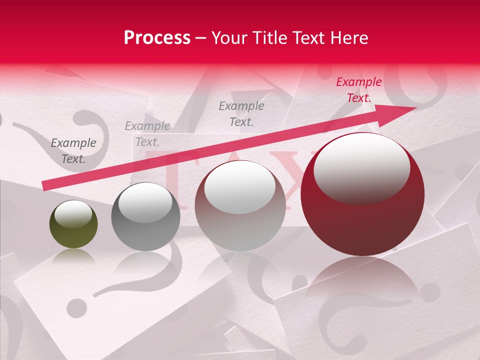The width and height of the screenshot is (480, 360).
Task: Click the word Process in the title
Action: click(x=157, y=38)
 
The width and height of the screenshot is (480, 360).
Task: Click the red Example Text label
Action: click(x=358, y=90)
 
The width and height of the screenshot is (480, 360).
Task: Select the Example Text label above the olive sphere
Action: click(x=73, y=151)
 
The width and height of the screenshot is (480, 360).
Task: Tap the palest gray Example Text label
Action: click(x=147, y=133)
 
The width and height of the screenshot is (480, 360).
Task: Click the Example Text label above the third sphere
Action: click(x=241, y=113)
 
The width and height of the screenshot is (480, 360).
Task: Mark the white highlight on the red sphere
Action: click(x=361, y=168)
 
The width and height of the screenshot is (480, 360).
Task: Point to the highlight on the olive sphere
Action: click(x=73, y=214)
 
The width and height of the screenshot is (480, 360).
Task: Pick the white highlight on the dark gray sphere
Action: click(x=145, y=202)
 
